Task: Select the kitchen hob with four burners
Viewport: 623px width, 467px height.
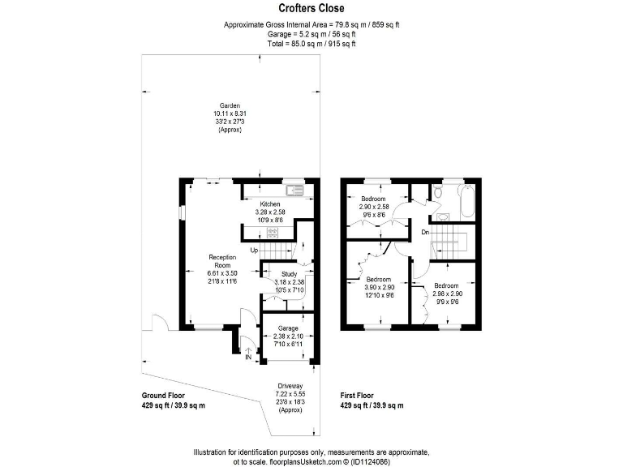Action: click(x=273, y=233)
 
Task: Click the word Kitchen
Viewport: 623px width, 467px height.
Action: click(x=270, y=204)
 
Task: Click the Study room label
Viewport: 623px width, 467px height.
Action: click(x=289, y=275)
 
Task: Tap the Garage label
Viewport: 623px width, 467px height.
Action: click(x=289, y=328)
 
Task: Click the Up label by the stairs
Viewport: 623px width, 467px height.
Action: click(x=254, y=250)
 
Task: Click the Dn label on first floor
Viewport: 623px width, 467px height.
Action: click(x=424, y=233)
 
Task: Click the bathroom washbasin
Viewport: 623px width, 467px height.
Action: click(x=444, y=217)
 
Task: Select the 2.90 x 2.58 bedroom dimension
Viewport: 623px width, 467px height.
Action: click(x=374, y=207)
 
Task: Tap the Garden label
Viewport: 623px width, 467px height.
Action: click(x=230, y=106)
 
